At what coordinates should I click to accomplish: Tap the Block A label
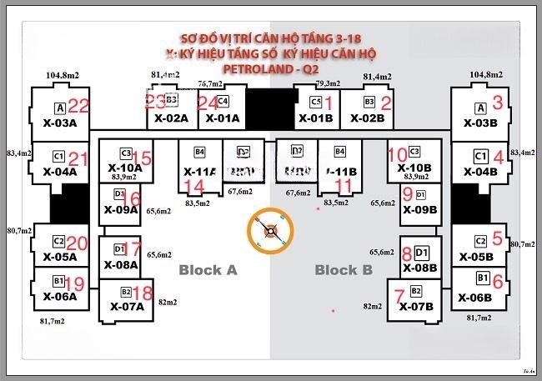[208, 269]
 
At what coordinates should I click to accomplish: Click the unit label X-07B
[416, 306]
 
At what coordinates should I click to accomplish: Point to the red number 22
[78, 105]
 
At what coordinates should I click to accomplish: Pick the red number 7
[399, 294]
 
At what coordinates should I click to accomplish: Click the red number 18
[143, 293]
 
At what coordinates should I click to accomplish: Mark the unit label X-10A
[125, 168]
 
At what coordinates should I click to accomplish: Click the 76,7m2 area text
[210, 83]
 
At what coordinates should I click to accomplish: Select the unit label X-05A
[59, 257]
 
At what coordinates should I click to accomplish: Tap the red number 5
[498, 238]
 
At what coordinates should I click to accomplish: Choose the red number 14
[193, 185]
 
